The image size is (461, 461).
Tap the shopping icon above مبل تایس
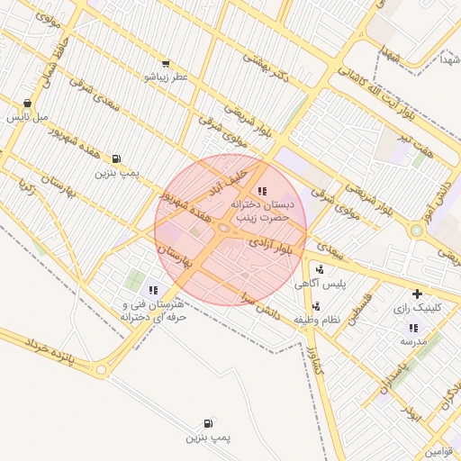click(x=28, y=103)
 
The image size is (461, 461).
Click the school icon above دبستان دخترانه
click(x=262, y=191)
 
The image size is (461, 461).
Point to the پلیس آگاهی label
click(x=320, y=285)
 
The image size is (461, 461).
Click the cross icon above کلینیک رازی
click(x=417, y=294)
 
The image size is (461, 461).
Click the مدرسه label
click(x=411, y=342)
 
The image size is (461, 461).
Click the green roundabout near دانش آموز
click(x=416, y=230)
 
